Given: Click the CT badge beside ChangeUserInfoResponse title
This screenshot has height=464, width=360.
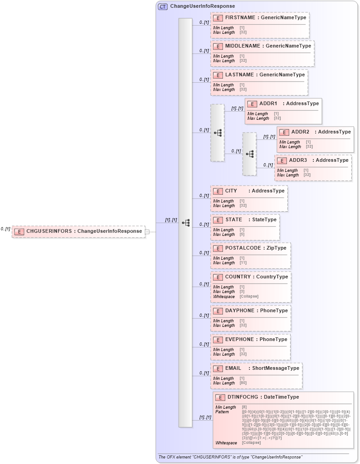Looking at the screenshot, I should (x=163, y=6).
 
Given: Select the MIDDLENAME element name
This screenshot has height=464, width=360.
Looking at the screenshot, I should (x=242, y=46).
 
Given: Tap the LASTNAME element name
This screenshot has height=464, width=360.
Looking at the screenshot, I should (x=239, y=75).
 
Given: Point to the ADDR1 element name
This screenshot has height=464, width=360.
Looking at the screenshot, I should (x=268, y=104).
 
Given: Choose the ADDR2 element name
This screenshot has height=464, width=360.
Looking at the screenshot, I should (x=300, y=132).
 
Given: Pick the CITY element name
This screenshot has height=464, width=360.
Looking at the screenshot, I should (x=231, y=191).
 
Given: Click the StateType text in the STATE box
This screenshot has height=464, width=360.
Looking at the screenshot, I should (x=265, y=220).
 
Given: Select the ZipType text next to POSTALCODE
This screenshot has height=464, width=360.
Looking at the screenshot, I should (x=276, y=248).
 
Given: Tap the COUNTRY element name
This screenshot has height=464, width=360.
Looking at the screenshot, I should (x=238, y=277).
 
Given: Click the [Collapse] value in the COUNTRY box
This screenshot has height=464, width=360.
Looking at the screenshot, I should (x=249, y=296).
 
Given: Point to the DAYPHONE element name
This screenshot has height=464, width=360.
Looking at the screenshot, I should (x=239, y=311).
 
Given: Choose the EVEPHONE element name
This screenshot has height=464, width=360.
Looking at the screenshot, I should (x=239, y=340).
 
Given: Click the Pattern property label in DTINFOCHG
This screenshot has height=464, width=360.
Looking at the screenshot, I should (x=222, y=412).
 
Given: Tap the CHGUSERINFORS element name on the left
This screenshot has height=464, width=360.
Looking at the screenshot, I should (x=49, y=231).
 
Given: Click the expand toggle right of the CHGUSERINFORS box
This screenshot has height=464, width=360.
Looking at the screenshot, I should (x=147, y=232).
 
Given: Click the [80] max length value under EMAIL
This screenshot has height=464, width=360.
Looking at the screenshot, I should (x=243, y=383).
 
